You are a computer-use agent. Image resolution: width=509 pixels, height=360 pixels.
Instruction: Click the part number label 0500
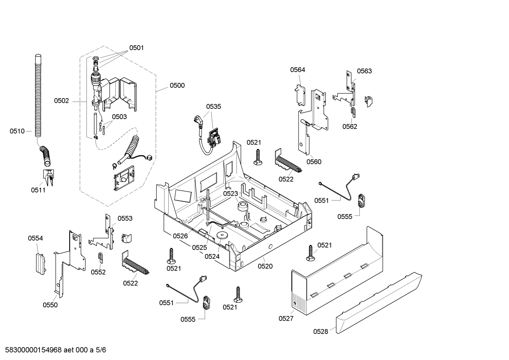[177, 85]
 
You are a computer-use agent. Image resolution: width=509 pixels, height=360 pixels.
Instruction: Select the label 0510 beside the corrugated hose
[17, 131]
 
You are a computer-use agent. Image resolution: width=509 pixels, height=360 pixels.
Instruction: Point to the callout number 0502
[61, 101]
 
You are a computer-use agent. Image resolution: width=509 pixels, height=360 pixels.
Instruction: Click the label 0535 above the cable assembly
[214, 106]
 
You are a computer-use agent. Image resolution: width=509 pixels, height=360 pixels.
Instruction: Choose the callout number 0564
[298, 70]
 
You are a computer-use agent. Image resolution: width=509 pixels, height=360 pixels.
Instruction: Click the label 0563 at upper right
[364, 71]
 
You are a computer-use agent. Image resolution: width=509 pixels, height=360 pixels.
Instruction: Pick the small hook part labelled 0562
[353, 112]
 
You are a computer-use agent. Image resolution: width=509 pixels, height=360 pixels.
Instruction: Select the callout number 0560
[314, 162]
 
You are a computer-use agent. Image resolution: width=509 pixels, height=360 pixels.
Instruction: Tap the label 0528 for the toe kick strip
[321, 331]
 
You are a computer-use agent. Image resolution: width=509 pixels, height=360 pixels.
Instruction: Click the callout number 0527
[286, 318]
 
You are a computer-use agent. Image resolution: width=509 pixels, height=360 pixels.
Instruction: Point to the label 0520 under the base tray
[265, 266]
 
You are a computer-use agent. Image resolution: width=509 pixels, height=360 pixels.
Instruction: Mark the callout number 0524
[212, 256]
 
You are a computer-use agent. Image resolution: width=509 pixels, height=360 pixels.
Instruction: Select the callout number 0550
[50, 305]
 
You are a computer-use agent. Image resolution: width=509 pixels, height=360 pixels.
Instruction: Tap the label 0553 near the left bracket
[125, 219]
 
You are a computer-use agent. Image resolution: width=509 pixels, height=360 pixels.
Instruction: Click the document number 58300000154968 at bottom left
[31, 350]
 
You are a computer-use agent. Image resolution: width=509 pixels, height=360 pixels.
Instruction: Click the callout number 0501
[136, 48]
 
